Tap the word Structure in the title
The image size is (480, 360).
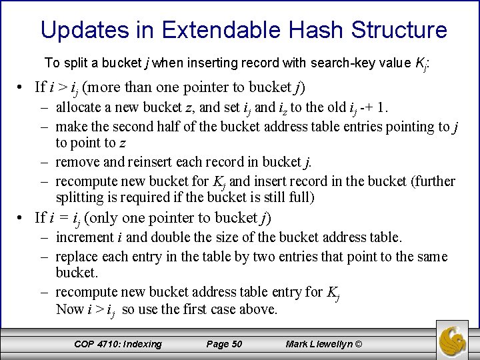click(x=399, y=30)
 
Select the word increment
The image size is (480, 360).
click(x=85, y=237)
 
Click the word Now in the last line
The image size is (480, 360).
click(x=70, y=309)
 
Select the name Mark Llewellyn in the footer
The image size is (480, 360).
click(x=319, y=344)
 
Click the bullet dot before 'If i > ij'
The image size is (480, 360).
click(x=22, y=87)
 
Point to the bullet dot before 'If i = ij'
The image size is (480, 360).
click(x=22, y=218)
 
